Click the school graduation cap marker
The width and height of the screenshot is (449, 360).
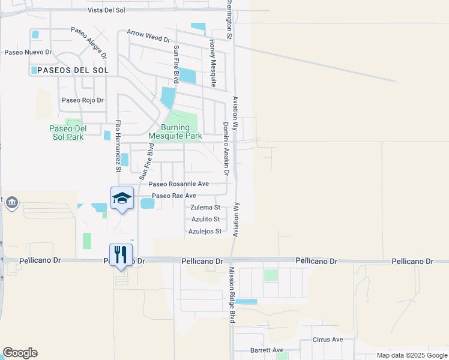coord(121,199)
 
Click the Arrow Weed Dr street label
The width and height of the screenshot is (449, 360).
coord(148,36)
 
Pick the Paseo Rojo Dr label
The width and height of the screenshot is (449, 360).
coord(83,100)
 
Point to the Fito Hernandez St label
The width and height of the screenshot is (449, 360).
coord(118,146)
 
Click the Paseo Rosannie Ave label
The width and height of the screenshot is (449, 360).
coord(179,184)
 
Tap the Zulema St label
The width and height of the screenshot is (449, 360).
coord(205,207)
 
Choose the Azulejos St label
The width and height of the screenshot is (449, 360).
coord(205,231)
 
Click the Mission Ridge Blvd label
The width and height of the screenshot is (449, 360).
coord(231,296)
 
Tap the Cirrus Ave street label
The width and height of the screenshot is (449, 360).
coord(328,339)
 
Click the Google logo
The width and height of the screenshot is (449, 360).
coord(20,353)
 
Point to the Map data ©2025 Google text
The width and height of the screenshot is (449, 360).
coord(411,355)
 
